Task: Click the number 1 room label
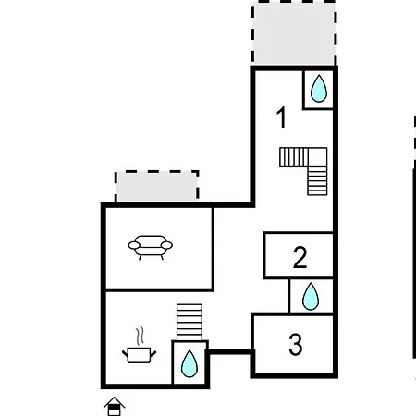tap(282, 117)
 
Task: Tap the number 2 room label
tap(300, 257)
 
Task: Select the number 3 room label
tap(296, 345)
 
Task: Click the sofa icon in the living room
tap(151, 247)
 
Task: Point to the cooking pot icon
tap(139, 355)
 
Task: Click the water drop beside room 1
tap(319, 88)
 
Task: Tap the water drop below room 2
tap(311, 296)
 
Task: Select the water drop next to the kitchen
tap(190, 363)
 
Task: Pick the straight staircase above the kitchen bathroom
tap(190, 323)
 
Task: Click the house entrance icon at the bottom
tap(114, 406)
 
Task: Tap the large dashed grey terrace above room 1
tap(294, 32)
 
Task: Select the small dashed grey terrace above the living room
tap(156, 187)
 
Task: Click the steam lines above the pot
tap(140, 336)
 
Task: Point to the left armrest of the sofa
tap(134, 245)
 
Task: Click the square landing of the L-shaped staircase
tap(317, 157)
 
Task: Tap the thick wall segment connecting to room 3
tap(230, 352)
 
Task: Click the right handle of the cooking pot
tap(153, 353)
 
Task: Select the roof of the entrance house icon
tap(114, 402)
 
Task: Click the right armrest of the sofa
tap(166, 245)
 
